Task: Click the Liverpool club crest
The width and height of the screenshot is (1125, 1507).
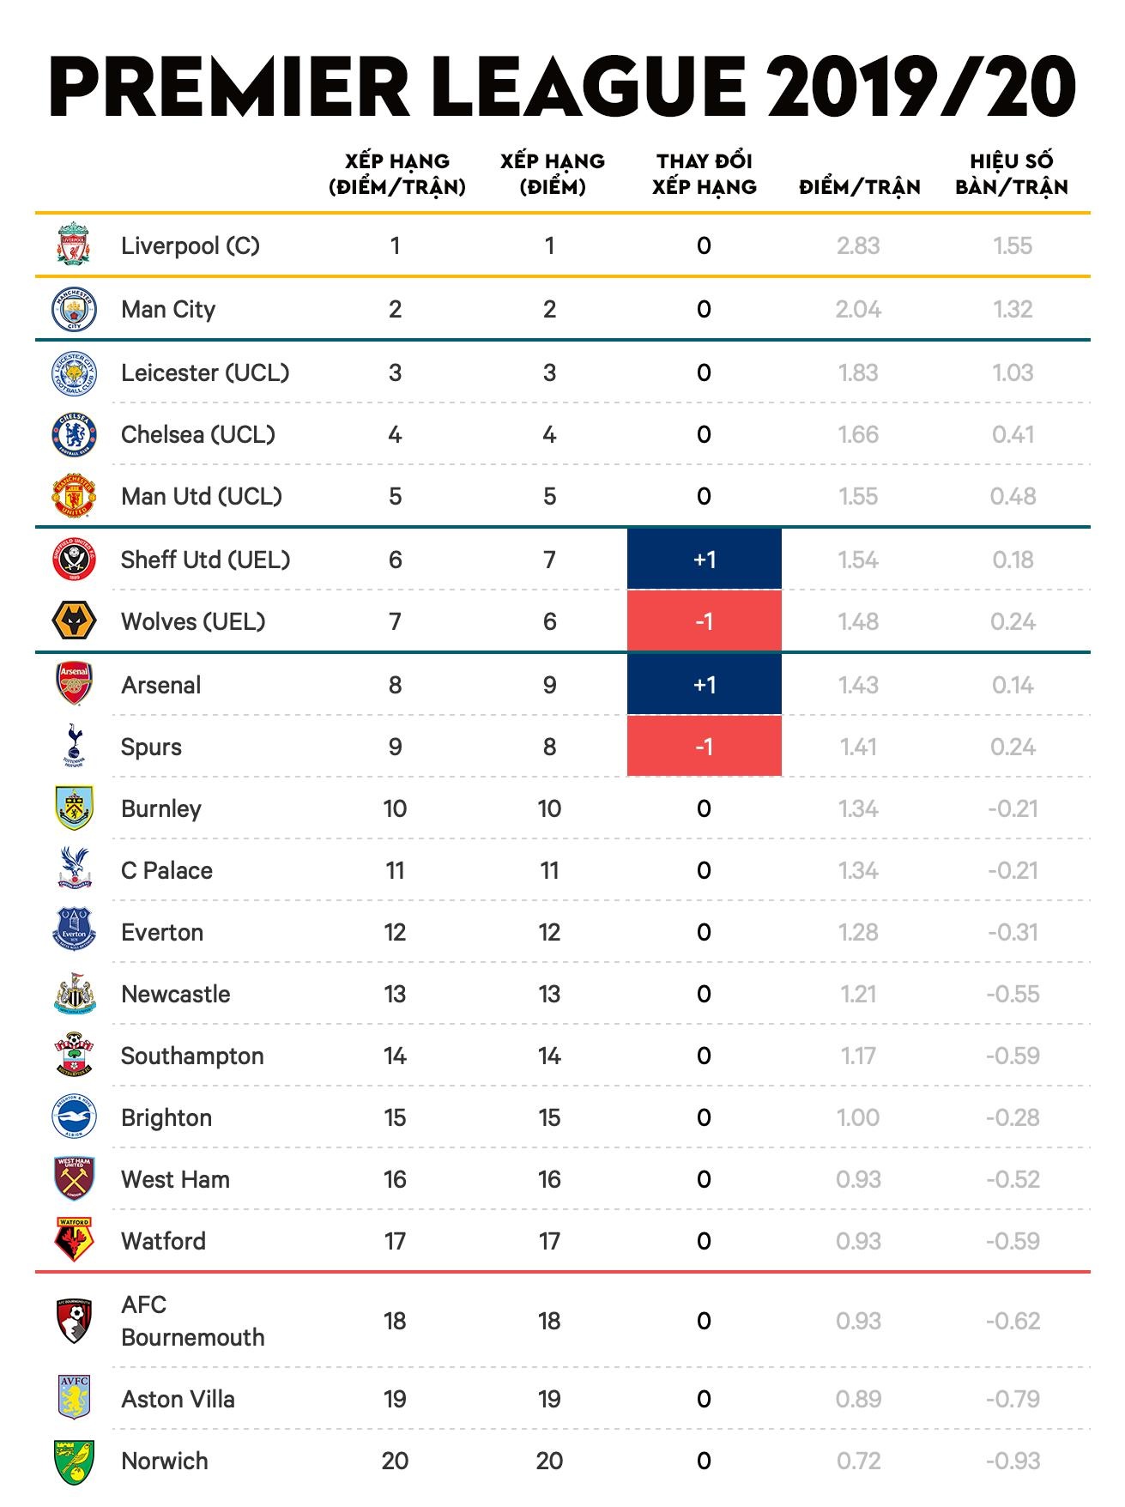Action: pos(75,245)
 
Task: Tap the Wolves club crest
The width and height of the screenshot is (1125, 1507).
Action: pos(75,621)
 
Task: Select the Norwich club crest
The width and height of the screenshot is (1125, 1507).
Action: pos(75,1462)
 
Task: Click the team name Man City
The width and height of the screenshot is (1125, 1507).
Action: pos(168,309)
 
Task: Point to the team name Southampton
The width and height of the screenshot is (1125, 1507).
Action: pos(192,1056)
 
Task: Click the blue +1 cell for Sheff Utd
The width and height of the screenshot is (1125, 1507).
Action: pos(705,560)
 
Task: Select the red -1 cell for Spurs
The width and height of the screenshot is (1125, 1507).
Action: pos(705,747)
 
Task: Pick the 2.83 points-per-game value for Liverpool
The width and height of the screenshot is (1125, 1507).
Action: pos(858,245)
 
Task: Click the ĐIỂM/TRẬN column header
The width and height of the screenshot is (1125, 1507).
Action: pos(859,187)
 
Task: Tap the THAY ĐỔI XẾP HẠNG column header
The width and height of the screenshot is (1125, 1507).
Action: pos(705,174)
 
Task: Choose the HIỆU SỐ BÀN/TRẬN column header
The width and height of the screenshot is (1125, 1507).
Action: pos(1012,174)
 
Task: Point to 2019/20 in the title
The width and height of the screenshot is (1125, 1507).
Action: pos(922,88)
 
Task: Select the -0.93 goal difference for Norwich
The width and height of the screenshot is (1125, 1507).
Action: pos(1013,1461)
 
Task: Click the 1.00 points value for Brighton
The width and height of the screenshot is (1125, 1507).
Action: pos(858,1117)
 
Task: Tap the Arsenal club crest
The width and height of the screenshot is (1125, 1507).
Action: pos(75,684)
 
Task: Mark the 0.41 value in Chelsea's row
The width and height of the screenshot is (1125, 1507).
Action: pos(1013,434)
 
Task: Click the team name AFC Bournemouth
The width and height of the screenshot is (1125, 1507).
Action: pos(193,1321)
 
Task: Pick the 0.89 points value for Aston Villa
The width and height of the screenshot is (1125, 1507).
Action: pos(858,1399)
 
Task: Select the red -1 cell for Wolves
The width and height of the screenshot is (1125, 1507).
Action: pos(705,621)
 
